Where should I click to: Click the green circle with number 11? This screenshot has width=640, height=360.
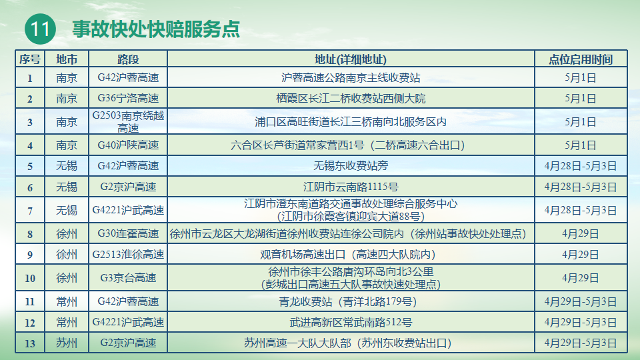(40, 29)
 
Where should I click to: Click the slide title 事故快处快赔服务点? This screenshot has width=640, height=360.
(156, 29)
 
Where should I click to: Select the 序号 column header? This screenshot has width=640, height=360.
(30, 59)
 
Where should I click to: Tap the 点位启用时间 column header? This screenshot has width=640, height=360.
(581, 59)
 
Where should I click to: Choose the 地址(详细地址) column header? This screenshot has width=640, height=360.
(351, 59)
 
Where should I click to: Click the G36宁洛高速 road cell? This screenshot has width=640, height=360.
(128, 99)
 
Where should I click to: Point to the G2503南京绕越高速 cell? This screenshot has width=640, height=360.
(128, 121)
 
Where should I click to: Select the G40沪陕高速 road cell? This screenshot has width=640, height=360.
(128, 145)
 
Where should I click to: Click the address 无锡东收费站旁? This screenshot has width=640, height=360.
(351, 166)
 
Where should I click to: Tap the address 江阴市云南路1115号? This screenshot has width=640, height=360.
(351, 187)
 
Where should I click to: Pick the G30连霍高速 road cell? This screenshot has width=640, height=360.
(128, 234)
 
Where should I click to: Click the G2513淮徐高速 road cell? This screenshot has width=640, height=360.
(128, 255)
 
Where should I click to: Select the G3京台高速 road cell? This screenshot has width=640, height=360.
(128, 278)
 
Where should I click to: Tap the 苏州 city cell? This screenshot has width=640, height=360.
(67, 343)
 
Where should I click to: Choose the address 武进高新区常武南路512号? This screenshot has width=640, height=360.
(351, 323)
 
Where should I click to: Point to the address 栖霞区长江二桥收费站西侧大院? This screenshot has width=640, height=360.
(351, 99)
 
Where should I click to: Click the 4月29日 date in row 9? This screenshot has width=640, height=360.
(581, 255)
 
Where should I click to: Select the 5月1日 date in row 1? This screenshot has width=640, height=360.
(581, 77)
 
